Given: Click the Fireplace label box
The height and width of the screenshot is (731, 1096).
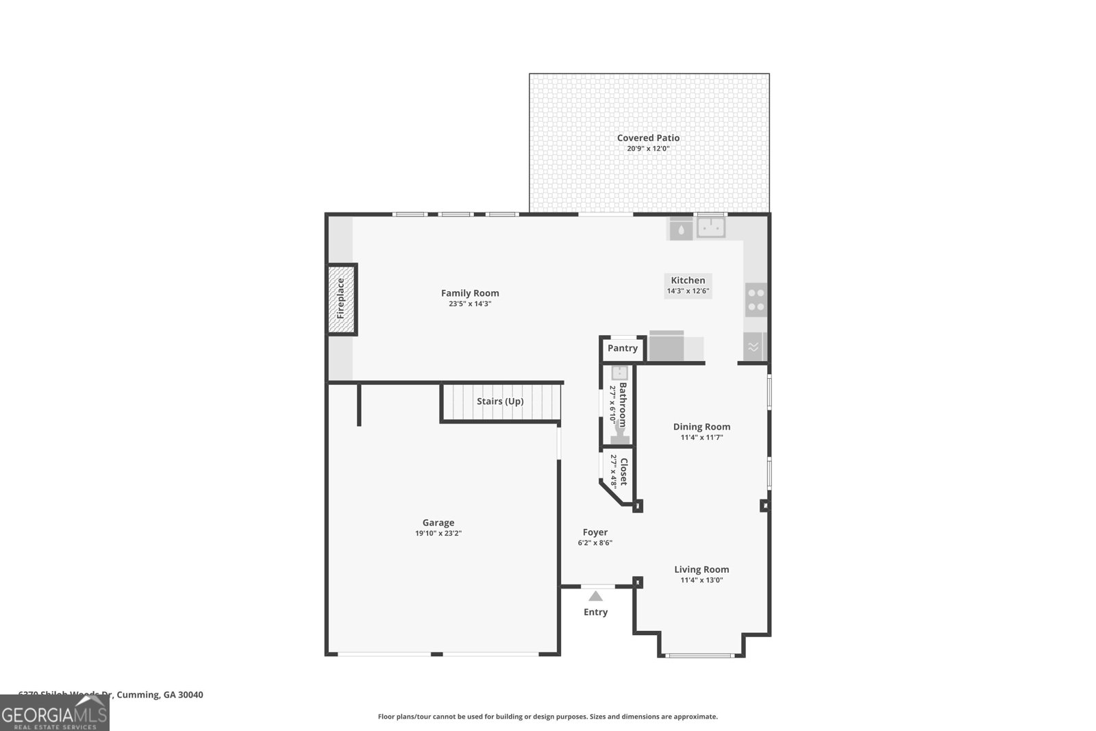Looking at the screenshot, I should tap(341, 299).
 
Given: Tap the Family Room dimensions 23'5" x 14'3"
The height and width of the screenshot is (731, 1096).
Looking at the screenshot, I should tap(470, 303).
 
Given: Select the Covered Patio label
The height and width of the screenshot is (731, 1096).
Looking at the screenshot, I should tap(648, 138).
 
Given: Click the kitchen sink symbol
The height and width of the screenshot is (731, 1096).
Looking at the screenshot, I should tap(711, 227).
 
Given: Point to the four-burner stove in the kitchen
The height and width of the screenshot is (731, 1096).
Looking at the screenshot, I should tap(756, 300).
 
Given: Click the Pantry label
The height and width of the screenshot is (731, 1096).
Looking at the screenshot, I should tap(622, 348).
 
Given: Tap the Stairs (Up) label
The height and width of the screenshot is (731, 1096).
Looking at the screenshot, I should tap(500, 401).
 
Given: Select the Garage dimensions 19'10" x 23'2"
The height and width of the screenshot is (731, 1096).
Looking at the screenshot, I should tap(438, 533).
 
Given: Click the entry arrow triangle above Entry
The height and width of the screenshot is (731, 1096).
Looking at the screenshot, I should tap(595, 596).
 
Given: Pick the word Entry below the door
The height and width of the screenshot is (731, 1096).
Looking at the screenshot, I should tap(595, 612).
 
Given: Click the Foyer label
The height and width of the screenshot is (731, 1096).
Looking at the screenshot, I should tap(595, 532).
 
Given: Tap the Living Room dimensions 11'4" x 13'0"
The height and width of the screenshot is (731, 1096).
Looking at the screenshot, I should tap(701, 580).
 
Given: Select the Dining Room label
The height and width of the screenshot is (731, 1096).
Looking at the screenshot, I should tap(701, 427).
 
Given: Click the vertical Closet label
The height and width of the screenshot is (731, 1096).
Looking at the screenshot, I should tap(623, 471).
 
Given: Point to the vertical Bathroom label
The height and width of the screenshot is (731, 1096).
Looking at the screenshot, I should tap(623, 404).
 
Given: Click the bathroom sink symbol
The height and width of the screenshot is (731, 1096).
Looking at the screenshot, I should tap(619, 373).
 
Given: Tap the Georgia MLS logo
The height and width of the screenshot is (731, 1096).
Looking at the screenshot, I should tap(54, 713).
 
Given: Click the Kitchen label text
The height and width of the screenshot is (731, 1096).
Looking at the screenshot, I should tap(688, 280).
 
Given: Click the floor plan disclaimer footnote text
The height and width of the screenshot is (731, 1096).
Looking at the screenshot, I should tap(547, 717).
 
